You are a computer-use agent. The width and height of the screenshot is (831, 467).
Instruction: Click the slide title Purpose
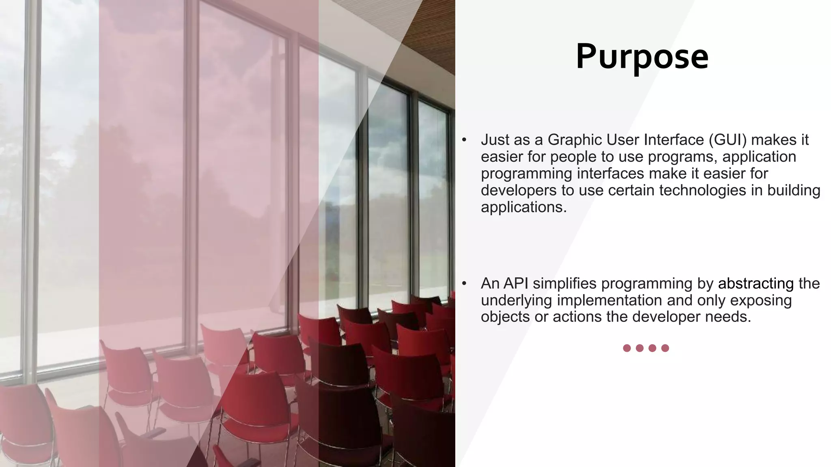642,57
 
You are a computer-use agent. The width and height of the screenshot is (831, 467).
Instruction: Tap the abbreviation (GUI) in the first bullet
728,140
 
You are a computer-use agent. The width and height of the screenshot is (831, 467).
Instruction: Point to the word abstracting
756,283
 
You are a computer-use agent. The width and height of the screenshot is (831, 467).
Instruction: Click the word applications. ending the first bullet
523,207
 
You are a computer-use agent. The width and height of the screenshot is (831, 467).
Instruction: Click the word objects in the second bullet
505,317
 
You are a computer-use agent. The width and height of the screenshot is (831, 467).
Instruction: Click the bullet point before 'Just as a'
465,140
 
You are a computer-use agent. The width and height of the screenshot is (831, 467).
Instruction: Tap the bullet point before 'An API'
465,284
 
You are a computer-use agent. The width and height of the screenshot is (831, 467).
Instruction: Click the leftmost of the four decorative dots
627,348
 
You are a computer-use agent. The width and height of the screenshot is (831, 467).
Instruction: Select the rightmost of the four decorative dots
665,348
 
